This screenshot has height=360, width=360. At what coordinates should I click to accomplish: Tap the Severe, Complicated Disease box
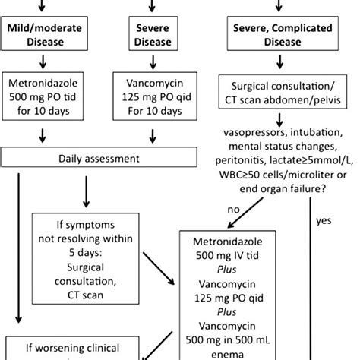[x=287, y=35]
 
